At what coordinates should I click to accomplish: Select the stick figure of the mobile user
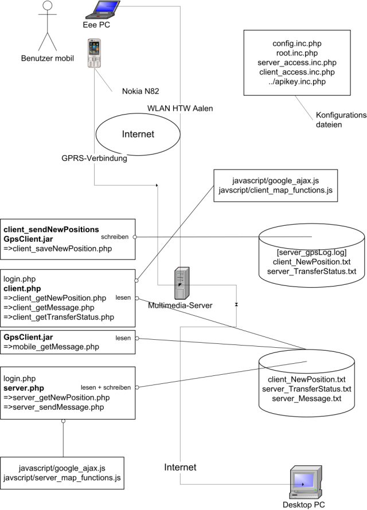pyautogui.click(x=48, y=26)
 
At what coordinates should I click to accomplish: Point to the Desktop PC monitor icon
pyautogui.click(x=303, y=481)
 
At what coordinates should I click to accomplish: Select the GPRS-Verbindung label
pyautogui.click(x=94, y=159)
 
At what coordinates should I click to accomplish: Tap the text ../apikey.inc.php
pyautogui.click(x=295, y=83)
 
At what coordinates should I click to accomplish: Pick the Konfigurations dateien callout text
pyautogui.click(x=341, y=119)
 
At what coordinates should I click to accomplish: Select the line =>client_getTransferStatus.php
pyautogui.click(x=58, y=317)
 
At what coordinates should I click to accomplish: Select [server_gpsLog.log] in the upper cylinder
pyautogui.click(x=311, y=252)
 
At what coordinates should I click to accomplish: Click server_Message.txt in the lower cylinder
pyautogui.click(x=306, y=398)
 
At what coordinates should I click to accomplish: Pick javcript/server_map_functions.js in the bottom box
pyautogui.click(x=62, y=477)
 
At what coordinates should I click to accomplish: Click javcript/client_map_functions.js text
pyautogui.click(x=275, y=190)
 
